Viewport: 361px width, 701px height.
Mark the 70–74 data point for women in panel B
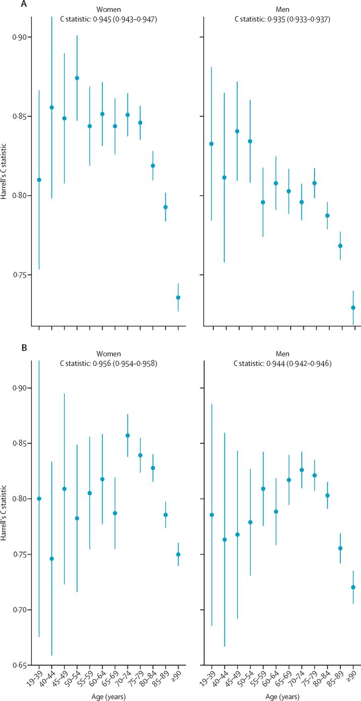[x=127, y=436]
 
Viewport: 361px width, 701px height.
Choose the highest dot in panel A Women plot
[x=77, y=78]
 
